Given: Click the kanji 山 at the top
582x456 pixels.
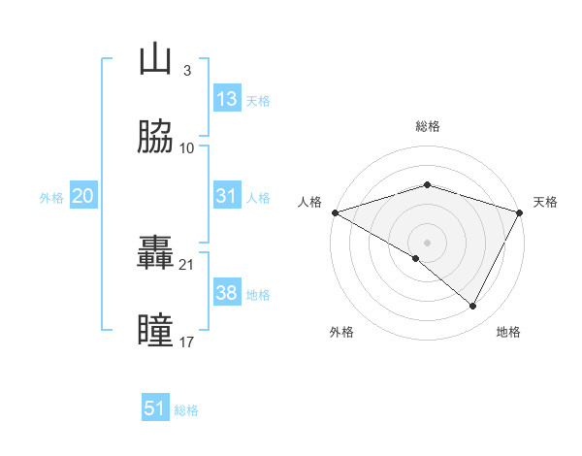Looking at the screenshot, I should click(155, 59).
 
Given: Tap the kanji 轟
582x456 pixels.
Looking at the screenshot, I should click(155, 253).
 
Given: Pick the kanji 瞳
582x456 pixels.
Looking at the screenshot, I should click(155, 331).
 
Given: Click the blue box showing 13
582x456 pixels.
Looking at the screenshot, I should click(227, 99).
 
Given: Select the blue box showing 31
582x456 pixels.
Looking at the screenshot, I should click(227, 196).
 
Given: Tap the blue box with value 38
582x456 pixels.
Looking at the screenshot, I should click(227, 293).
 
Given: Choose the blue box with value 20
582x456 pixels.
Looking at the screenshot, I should click(83, 196).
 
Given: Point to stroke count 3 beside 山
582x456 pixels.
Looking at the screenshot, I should click(186, 71).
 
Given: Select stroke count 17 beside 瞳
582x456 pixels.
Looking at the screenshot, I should click(186, 342).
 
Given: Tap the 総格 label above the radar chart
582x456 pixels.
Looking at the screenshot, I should click(427, 126).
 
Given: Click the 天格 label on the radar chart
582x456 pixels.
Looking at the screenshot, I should click(545, 202).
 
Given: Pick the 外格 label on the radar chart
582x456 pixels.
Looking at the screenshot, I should click(341, 332).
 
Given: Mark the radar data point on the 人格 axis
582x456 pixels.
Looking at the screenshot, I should click(335, 212).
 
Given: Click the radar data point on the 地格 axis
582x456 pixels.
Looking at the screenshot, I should click(473, 307).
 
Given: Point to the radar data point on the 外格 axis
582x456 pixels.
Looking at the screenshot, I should click(416, 258).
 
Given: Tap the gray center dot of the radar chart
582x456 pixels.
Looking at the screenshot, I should click(427, 242).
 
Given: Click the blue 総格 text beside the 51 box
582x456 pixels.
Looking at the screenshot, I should click(186, 410).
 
